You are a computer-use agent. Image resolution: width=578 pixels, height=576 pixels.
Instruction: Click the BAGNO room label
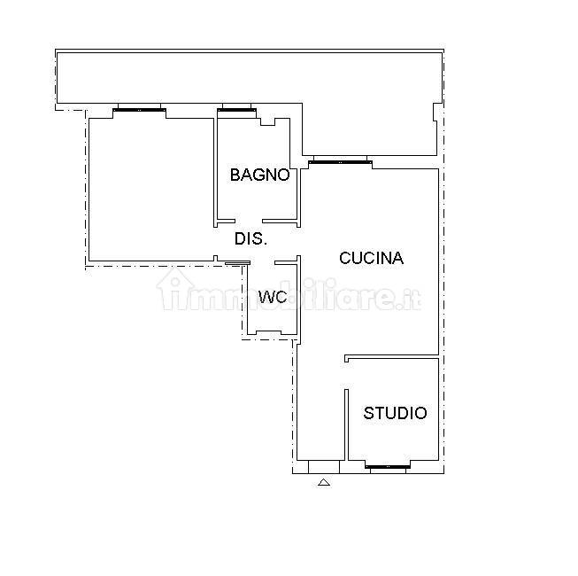point(260,175)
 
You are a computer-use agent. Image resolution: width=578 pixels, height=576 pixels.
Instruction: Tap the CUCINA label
point(371,258)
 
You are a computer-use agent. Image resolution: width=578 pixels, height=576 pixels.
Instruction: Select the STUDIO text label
point(395,413)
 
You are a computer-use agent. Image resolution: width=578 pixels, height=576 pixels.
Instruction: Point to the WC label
point(273,297)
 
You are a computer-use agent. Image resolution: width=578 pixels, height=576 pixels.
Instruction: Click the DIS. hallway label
point(250,238)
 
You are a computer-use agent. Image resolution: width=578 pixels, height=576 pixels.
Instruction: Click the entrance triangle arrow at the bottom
point(324,482)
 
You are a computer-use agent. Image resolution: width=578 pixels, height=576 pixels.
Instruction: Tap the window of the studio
point(388,467)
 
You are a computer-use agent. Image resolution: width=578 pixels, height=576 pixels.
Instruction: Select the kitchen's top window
point(340,161)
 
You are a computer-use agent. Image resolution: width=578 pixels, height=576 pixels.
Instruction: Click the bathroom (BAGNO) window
point(236,110)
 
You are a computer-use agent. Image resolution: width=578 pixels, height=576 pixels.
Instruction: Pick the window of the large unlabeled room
point(139,110)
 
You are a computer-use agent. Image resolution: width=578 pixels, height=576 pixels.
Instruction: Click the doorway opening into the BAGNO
point(249,221)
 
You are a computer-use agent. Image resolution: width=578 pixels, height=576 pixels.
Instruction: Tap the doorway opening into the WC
point(263,262)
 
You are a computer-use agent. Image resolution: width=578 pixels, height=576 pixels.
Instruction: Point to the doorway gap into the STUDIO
point(346,376)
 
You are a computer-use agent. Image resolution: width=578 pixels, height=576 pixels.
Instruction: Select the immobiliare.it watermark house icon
point(174,288)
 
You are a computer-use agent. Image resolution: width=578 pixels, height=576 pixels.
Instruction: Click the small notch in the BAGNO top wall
point(268,121)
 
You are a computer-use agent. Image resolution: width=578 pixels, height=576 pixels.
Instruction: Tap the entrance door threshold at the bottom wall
point(324,467)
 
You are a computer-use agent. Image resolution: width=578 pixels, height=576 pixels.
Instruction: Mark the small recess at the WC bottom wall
point(269,333)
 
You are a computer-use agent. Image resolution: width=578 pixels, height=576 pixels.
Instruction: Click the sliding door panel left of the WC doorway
point(237,263)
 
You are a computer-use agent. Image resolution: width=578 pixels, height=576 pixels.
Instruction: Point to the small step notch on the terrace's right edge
point(437,112)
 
